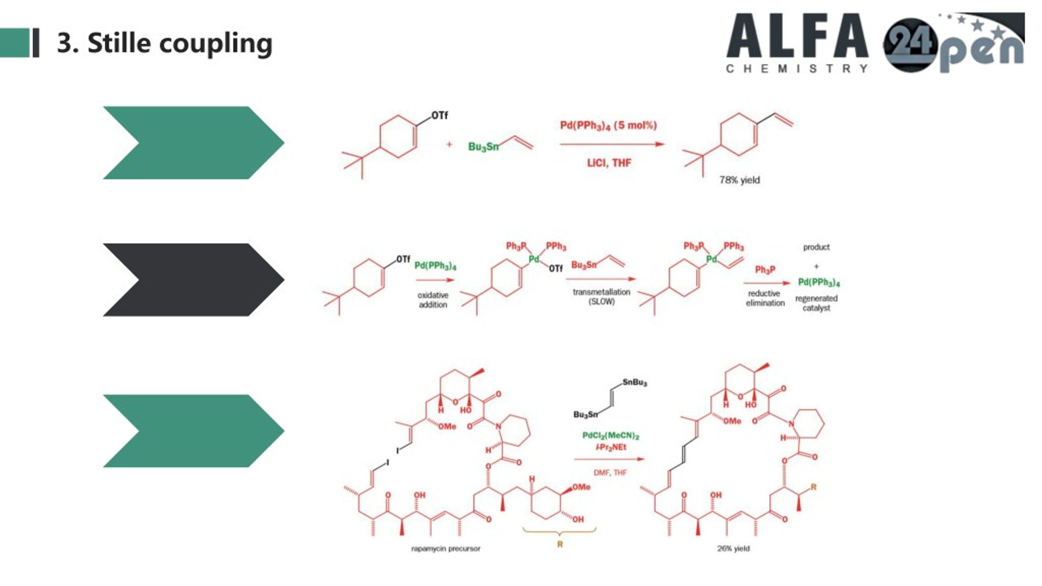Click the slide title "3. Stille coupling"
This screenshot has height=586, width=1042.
click(x=164, y=43)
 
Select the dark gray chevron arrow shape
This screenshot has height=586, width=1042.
click(x=193, y=280)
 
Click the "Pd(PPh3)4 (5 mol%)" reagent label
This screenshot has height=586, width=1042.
click(x=609, y=125)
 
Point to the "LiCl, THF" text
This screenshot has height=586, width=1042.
click(x=609, y=163)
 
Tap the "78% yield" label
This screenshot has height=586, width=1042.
click(x=739, y=180)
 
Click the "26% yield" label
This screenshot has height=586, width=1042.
click(x=733, y=549)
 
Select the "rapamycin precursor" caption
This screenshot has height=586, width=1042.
click(x=446, y=549)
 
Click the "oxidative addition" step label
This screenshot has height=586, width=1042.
click(x=433, y=300)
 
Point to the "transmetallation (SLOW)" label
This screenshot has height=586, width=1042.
click(x=601, y=297)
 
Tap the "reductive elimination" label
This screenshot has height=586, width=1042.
click(x=765, y=298)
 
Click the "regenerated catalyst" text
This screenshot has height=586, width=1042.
click(x=816, y=303)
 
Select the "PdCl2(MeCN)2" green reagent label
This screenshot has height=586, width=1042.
click(x=611, y=436)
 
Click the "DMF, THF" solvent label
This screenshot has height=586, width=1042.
click(x=610, y=472)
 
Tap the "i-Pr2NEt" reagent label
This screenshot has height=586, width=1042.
click(x=611, y=447)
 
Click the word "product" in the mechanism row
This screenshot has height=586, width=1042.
click(x=816, y=247)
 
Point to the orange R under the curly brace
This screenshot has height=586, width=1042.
click(x=560, y=544)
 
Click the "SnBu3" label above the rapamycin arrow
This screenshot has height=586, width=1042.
click(x=635, y=383)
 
